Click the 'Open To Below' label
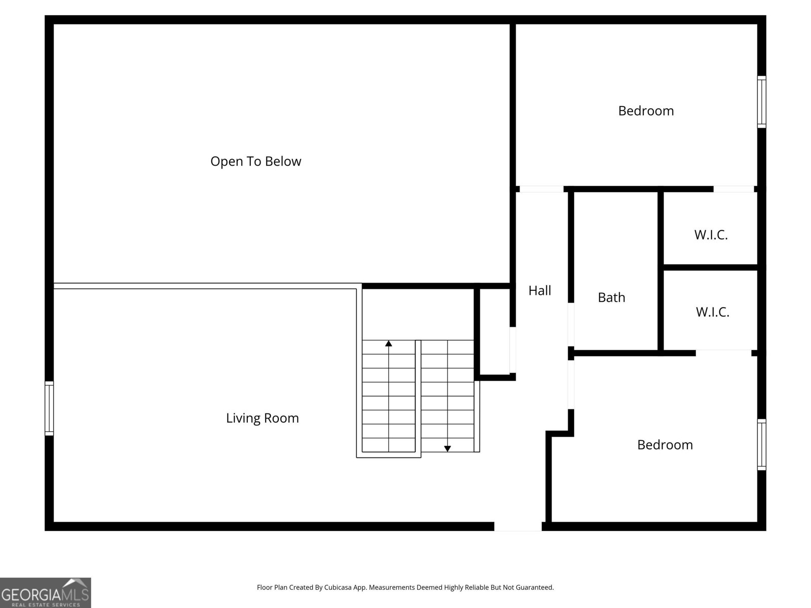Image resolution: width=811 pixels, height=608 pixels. pyautogui.click(x=255, y=161)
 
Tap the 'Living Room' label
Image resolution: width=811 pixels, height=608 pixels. pyautogui.click(x=262, y=418)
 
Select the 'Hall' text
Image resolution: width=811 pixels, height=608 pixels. pyautogui.click(x=539, y=290)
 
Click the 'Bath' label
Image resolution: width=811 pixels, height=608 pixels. pyautogui.click(x=611, y=297)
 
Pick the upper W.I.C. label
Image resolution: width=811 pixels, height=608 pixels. pyautogui.click(x=711, y=235)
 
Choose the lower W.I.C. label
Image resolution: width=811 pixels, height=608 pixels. pyautogui.click(x=712, y=312)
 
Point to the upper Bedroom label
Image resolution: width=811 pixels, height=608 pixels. pyautogui.click(x=646, y=111)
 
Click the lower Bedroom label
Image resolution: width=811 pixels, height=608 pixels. pyautogui.click(x=665, y=445)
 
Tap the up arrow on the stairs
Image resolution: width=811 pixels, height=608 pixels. pyautogui.click(x=389, y=344)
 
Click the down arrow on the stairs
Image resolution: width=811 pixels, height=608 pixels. pyautogui.click(x=448, y=448)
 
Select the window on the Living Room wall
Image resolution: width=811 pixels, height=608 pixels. pyautogui.click(x=49, y=408)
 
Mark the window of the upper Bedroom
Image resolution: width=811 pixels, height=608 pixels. pyautogui.click(x=761, y=101)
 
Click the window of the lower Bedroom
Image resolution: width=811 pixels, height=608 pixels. pyautogui.click(x=761, y=444)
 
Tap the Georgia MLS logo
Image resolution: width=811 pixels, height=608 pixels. pyautogui.click(x=45, y=593)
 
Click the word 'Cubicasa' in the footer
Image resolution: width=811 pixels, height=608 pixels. pyautogui.click(x=338, y=588)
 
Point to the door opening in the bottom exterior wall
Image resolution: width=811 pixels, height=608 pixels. pyautogui.click(x=518, y=527)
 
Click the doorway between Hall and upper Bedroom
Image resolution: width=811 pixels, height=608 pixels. pyautogui.click(x=541, y=189)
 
